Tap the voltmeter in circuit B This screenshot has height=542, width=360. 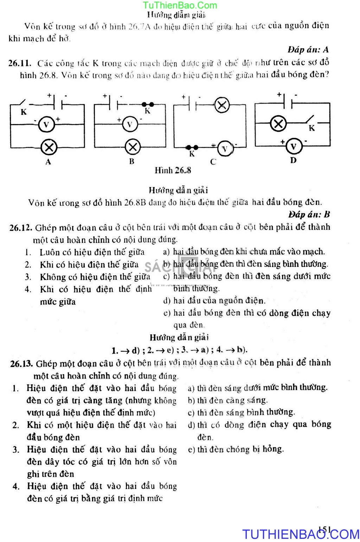pos(130,124)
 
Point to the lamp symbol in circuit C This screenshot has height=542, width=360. pos(222,105)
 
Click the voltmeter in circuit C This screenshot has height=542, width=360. pos(225,149)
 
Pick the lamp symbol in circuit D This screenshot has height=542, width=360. pos(278,123)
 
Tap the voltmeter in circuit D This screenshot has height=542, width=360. pos(294,146)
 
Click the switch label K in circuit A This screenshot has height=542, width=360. pos(24,112)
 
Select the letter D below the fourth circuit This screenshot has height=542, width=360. pos(293,160)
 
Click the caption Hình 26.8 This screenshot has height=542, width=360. pos(173,170)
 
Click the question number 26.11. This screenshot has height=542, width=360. pos(20,64)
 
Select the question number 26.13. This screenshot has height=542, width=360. pos(22,363)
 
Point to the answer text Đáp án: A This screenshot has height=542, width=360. pos(308,50)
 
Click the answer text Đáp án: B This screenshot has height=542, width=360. pos(309,214)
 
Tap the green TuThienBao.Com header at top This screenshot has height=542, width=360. pos(180,5)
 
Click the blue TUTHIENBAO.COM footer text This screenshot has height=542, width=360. pos(301,534)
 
